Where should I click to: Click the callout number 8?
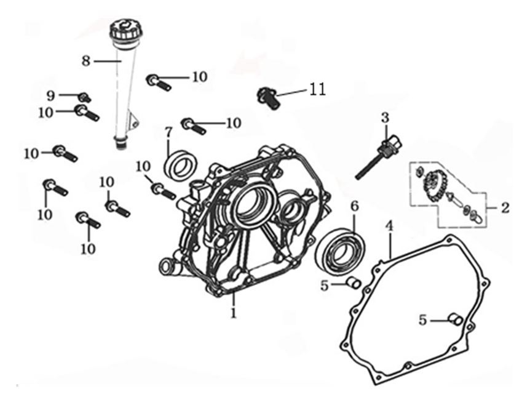85,60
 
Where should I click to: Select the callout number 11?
317,89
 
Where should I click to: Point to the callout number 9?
51,95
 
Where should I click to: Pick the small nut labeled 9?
85,97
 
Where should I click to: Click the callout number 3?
385,117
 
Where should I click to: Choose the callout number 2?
505,208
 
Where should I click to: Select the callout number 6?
354,205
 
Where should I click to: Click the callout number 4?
389,227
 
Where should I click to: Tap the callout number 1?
234,313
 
